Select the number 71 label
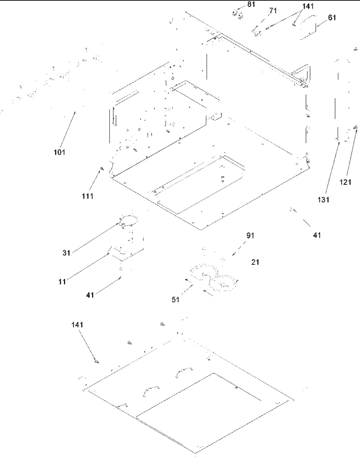pyautogui.click(x=273, y=11)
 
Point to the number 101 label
pyautogui.click(x=59, y=152)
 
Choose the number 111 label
pyautogui.click(x=87, y=196)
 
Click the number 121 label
pyautogui.click(x=345, y=182)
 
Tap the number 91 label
pyautogui.click(x=250, y=236)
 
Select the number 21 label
pyautogui.click(x=255, y=262)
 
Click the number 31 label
pyautogui.click(x=66, y=253)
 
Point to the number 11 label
pyautogui.click(x=63, y=282)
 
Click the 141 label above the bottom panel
pyautogui.click(x=77, y=325)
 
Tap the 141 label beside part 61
pyautogui.click(x=308, y=6)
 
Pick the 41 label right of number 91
pyautogui.click(x=317, y=235)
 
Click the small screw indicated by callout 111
pyautogui.click(x=102, y=168)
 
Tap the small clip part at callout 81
pyautogui.click(x=237, y=14)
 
